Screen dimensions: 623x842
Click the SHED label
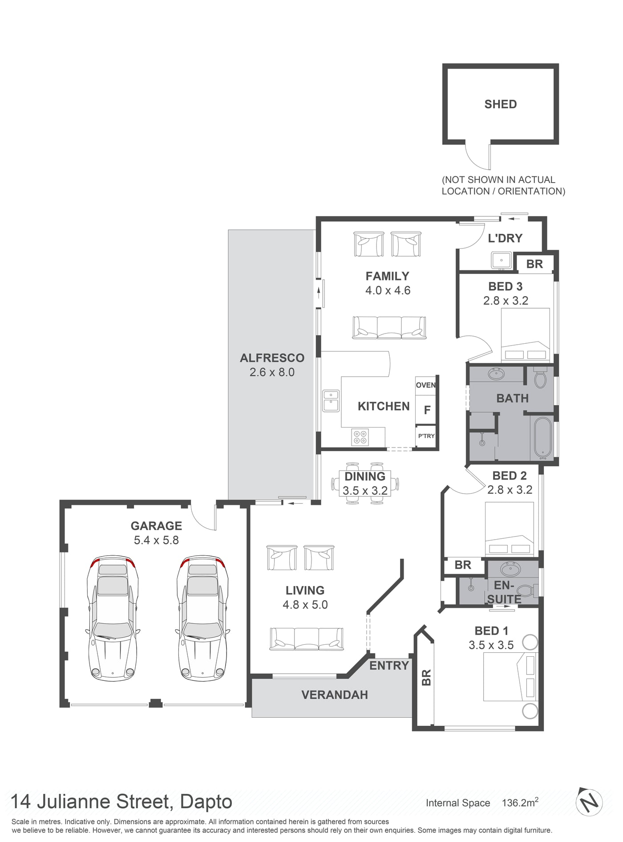501,104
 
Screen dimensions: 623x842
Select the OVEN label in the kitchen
426,385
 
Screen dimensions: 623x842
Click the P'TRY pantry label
426,436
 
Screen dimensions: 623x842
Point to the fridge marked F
427,410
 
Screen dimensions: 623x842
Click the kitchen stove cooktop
360,437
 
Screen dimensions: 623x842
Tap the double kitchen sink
331,401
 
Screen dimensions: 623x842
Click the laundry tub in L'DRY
502,260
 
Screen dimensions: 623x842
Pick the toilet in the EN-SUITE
527,591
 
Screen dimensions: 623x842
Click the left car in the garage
112,618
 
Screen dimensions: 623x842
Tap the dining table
365,484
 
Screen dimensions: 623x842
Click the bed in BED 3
526,335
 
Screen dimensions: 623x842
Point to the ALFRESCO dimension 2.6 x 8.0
272,372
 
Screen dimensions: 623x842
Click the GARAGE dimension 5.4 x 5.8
156,540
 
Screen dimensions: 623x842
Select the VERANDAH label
335,695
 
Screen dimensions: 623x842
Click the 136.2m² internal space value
520,802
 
